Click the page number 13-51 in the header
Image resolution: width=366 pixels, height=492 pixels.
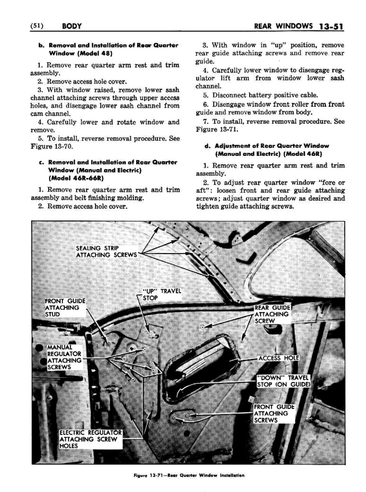point(331,26)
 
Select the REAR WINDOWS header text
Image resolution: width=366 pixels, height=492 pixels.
point(283,26)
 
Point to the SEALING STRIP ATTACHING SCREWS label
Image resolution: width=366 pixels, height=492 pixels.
point(106,251)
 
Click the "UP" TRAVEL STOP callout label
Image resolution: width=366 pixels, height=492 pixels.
point(161,294)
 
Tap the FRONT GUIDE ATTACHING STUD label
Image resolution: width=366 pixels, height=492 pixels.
point(65,308)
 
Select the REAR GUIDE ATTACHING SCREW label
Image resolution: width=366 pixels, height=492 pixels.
point(272,314)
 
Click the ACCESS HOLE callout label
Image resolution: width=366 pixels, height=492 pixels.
point(279,358)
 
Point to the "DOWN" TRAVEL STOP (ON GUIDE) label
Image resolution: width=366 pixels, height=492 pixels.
point(284,381)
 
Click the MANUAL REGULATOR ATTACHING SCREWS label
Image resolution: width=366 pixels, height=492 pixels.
point(64,357)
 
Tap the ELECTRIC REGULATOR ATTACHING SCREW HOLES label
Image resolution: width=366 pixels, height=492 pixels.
point(90,439)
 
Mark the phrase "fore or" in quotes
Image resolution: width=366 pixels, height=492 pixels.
point(331,182)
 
